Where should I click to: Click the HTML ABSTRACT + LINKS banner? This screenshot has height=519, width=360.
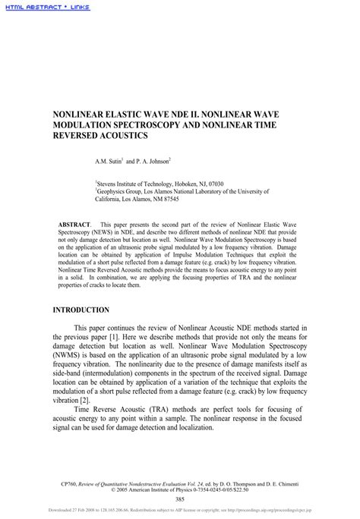pos(46,7)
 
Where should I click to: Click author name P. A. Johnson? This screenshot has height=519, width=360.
pos(151,162)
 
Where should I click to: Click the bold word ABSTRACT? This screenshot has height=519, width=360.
pos(74,225)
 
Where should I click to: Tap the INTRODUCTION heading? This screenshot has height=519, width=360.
pos(81,310)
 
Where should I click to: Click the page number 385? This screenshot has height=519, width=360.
pos(179,499)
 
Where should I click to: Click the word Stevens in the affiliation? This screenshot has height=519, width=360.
pos(108,184)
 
